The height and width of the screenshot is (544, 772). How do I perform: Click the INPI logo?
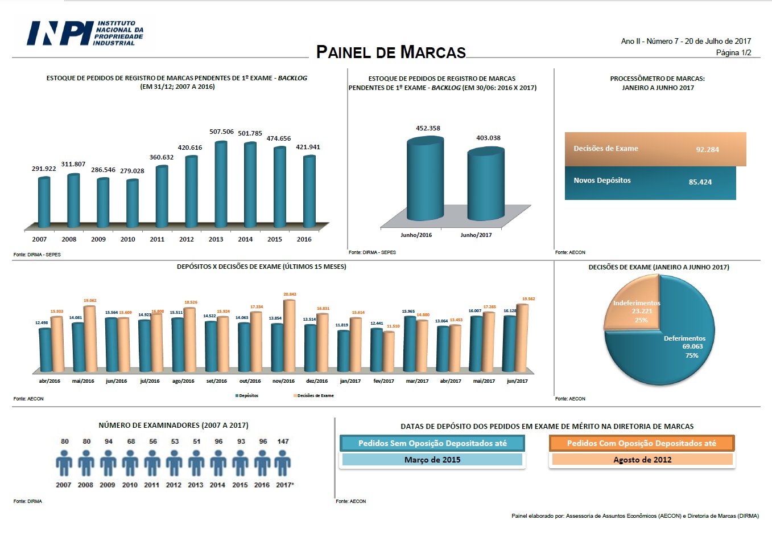point(85,33)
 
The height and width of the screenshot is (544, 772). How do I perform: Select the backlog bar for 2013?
point(221,185)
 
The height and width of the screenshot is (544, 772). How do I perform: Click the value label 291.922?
point(44,169)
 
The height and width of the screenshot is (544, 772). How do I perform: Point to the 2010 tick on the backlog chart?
point(128,239)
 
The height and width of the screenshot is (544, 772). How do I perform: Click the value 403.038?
point(488,138)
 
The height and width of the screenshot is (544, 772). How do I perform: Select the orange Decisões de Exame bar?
point(655,149)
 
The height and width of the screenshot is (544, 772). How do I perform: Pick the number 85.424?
point(700,182)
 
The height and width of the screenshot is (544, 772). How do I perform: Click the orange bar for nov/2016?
point(289,336)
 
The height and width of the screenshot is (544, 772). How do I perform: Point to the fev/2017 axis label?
point(383,381)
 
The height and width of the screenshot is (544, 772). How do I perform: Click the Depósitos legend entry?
point(247,395)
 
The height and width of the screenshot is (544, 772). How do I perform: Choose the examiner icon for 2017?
point(283,463)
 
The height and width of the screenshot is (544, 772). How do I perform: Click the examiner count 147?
point(283,441)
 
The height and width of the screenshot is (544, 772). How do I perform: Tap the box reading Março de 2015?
point(432,460)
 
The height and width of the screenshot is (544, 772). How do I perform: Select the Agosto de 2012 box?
point(642,460)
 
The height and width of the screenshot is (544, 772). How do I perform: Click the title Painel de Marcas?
point(391,52)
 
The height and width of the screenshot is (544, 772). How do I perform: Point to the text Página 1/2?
point(733,52)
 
